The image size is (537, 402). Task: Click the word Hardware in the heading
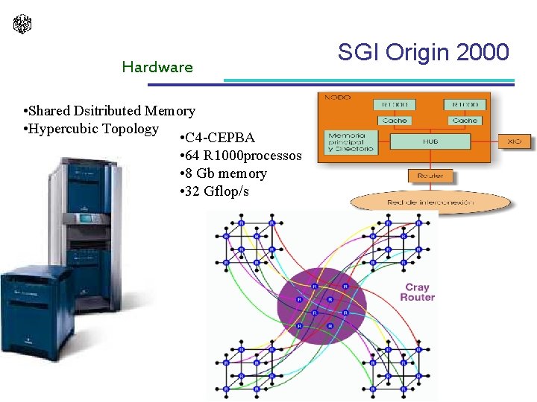157,67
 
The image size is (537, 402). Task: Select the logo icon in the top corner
22,24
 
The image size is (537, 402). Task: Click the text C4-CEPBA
219,138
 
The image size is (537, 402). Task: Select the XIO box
515,141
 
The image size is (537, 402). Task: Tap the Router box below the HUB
430,176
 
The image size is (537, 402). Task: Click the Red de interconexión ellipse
430,202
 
